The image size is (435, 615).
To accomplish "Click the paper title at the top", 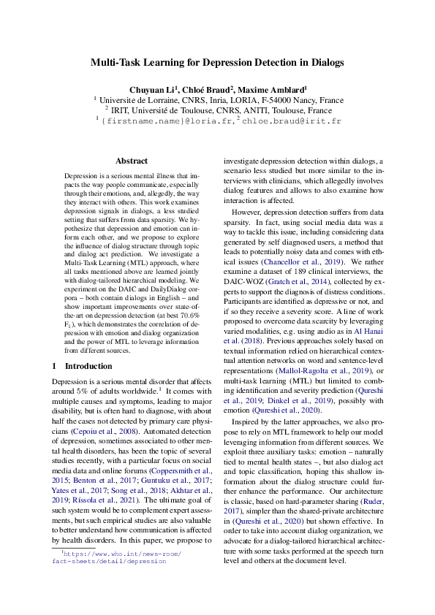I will point(217,63).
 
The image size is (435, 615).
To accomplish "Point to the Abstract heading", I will point(132,161).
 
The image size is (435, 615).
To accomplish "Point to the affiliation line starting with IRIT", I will point(217,110).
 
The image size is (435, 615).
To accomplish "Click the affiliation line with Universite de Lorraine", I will point(217,99).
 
